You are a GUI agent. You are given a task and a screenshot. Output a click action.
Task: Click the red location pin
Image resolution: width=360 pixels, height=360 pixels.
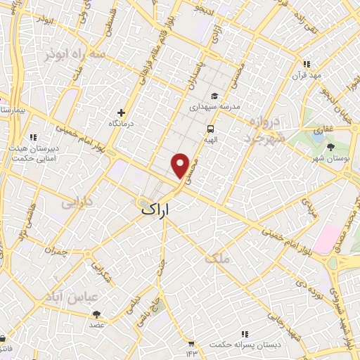click(x=181, y=165)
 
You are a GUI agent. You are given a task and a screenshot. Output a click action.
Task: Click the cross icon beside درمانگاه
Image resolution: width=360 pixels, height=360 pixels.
click(x=122, y=112)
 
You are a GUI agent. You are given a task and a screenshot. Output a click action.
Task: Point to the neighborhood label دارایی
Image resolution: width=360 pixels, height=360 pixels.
click(x=78, y=204)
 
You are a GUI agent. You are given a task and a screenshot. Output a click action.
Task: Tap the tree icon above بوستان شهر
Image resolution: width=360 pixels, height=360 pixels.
click(x=330, y=146)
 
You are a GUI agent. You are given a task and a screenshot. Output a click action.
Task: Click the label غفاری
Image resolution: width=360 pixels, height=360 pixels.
click(x=323, y=130)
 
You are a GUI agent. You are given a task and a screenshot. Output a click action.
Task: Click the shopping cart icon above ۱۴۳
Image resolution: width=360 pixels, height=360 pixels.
click(x=191, y=343)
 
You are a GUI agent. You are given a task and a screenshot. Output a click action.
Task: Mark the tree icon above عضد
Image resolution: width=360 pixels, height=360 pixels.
click(x=96, y=314)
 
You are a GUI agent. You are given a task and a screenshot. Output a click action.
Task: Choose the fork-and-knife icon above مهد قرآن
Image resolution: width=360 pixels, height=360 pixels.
click(x=305, y=63)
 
